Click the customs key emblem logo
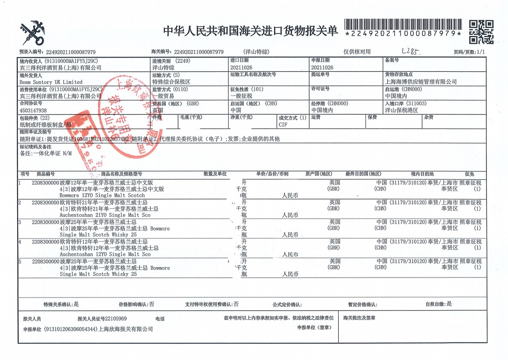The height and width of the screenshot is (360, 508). pos(33,33)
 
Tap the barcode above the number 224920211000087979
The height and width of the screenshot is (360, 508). pos(403,24)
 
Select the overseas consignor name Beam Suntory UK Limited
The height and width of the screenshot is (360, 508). pos(51,82)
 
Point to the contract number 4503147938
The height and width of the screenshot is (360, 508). pos(34,111)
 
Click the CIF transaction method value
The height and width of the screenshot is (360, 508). pos(283,125)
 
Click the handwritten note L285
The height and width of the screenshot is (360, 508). pos(410,52)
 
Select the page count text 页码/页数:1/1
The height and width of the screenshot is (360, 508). pos(469,52)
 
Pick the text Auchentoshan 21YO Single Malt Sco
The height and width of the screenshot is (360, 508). pos(105,215)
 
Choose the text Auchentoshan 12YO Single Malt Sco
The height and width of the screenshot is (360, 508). pos(105,254)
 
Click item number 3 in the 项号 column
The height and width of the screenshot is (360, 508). pos(19,222)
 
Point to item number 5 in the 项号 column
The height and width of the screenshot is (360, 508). pos(19,261)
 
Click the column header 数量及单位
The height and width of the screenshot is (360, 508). pos(215,174)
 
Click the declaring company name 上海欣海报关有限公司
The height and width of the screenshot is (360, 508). pos(125,329)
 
